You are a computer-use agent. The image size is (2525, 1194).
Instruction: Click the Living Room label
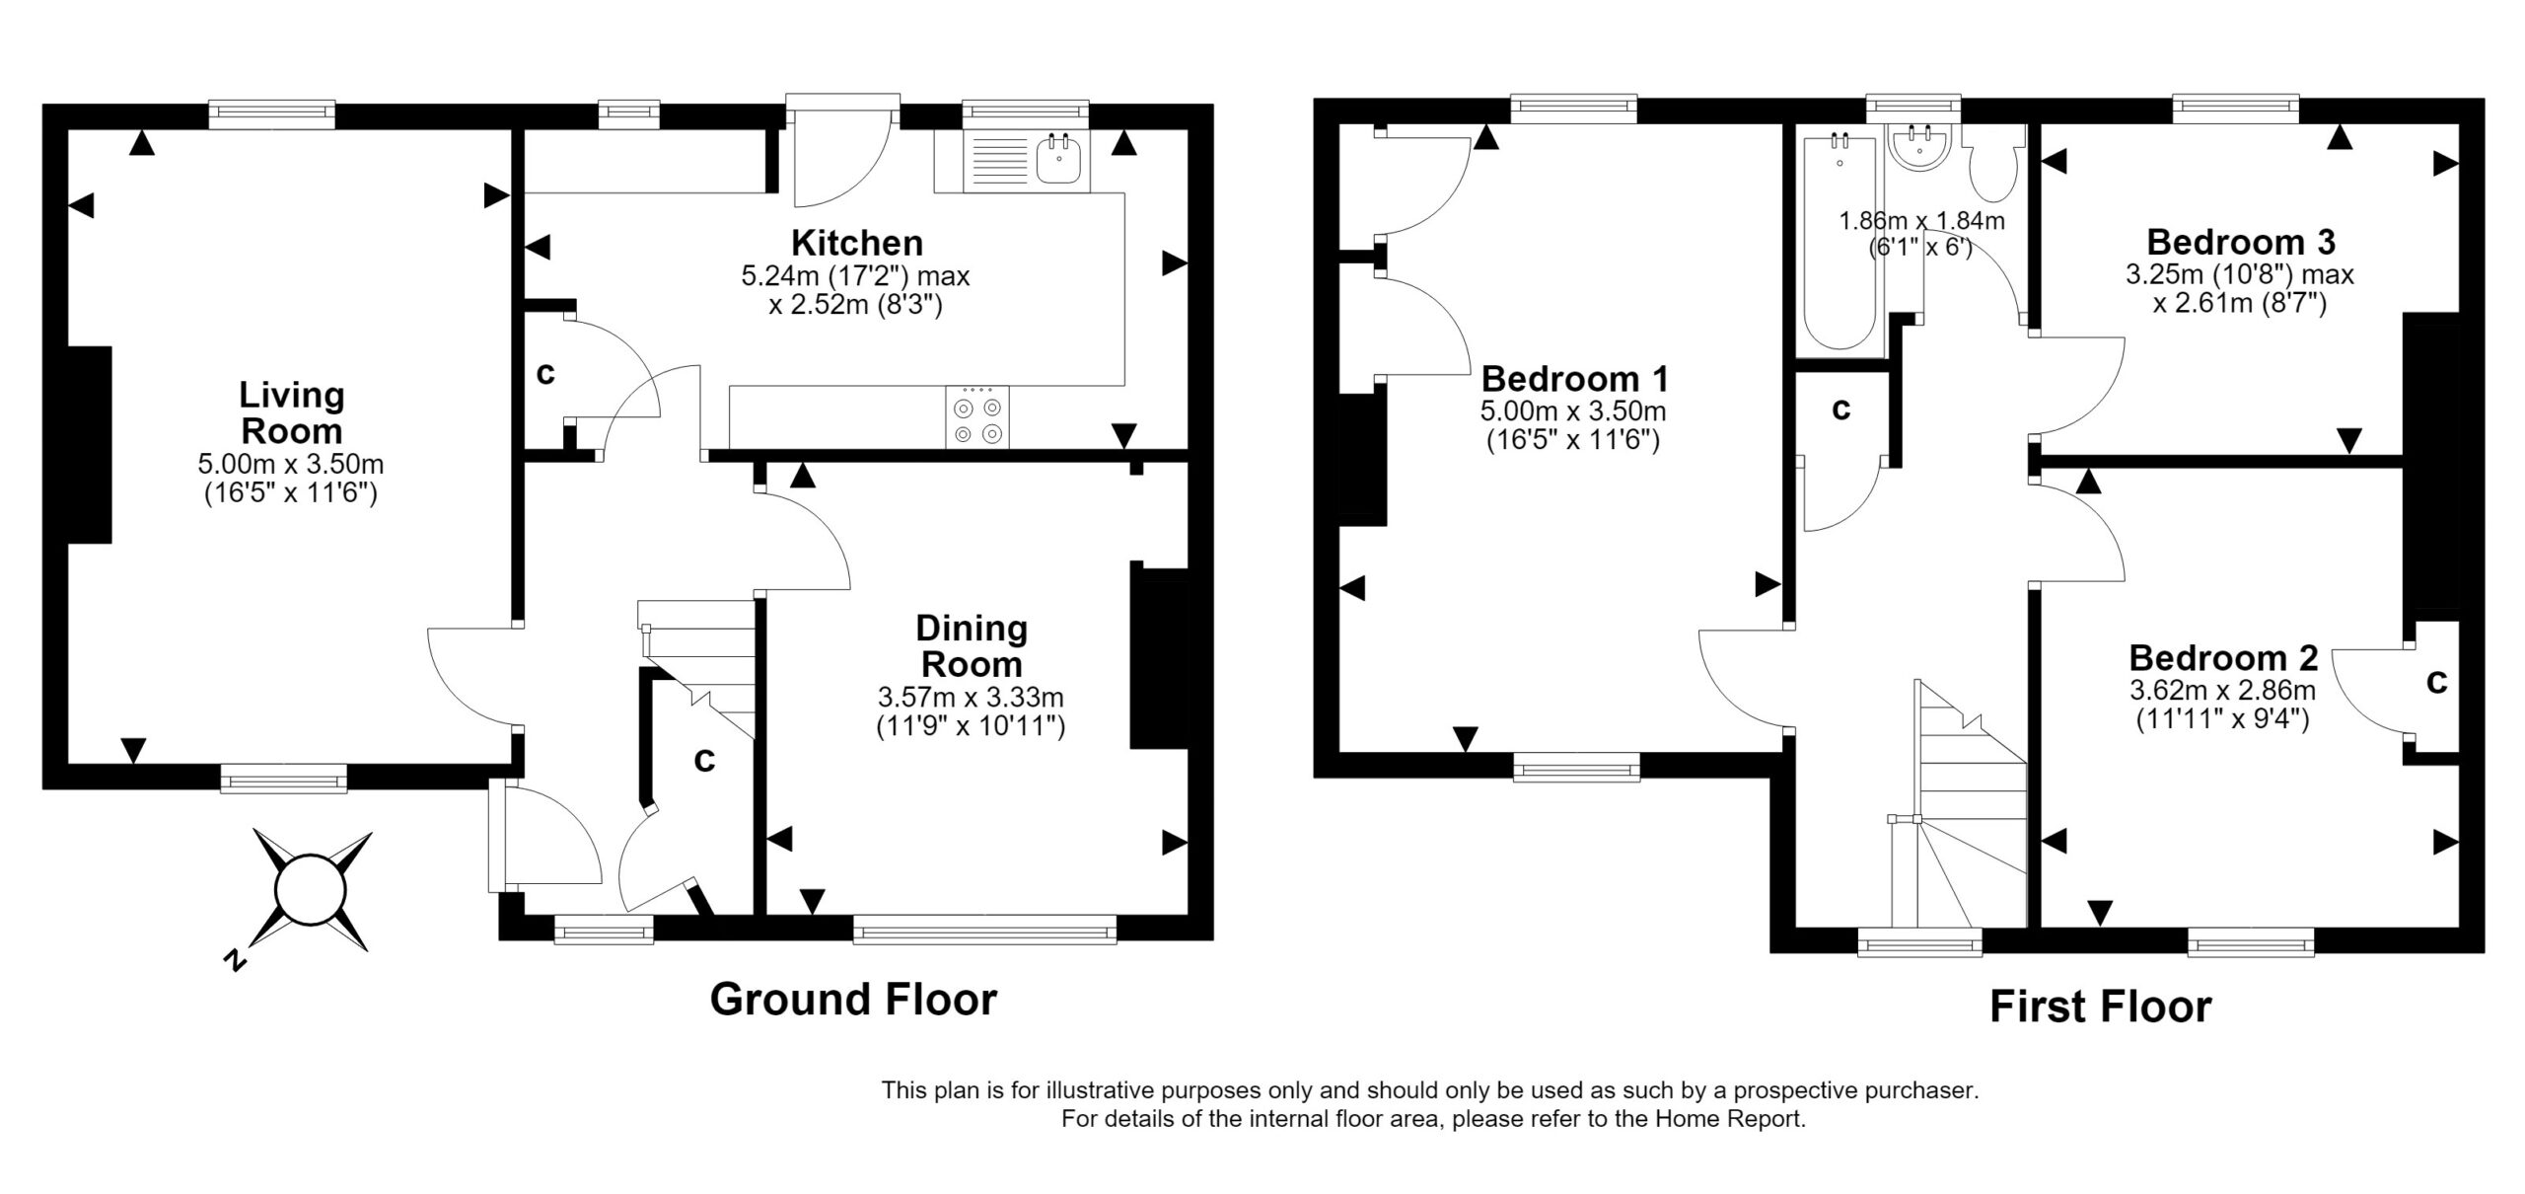(292, 412)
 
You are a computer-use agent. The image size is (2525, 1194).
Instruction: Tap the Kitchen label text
(857, 243)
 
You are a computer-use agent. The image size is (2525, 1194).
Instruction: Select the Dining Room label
(972, 645)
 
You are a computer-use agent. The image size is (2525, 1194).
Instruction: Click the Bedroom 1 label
(1574, 379)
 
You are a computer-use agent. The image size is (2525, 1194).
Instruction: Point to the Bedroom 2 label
(2223, 658)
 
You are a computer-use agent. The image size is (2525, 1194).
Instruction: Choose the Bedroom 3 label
(2239, 242)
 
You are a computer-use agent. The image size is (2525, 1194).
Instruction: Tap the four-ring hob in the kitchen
(977, 416)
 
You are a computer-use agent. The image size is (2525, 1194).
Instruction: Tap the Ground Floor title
(853, 1000)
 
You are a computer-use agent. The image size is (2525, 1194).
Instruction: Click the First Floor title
(2100, 1007)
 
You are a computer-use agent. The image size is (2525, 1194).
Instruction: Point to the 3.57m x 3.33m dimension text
(972, 698)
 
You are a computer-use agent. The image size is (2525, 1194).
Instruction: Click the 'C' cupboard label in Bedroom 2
(2437, 682)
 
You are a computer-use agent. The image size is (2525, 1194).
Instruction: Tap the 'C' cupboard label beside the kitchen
(544, 374)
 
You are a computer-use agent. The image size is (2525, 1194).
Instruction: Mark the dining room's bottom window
(984, 930)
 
